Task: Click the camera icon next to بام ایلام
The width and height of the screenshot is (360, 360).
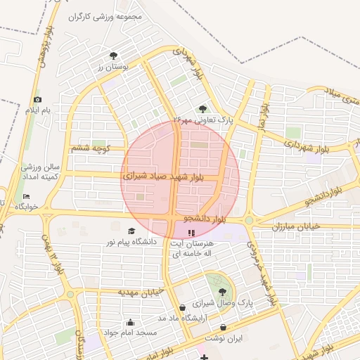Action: click(38, 100)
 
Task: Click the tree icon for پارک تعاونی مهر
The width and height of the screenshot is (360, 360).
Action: click(203, 109)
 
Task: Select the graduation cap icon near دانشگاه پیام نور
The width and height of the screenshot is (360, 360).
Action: click(131, 231)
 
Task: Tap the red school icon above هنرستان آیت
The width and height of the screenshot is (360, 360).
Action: click(192, 232)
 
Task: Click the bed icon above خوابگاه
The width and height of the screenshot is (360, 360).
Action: click(26, 196)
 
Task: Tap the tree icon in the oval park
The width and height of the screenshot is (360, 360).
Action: click(223, 290)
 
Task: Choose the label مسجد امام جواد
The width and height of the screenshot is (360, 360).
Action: click(125, 331)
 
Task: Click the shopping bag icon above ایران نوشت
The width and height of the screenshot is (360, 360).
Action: click(223, 327)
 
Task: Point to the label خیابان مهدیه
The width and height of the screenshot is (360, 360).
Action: click(140, 291)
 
